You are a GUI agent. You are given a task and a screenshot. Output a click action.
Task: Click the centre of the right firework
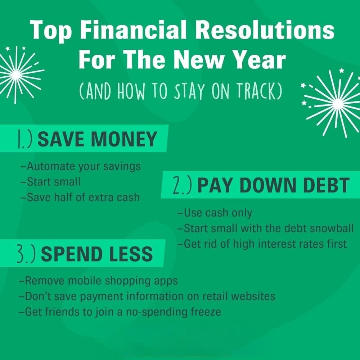337,104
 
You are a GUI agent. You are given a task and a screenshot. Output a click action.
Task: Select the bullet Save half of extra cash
80,197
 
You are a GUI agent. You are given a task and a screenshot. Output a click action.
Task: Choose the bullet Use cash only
215,213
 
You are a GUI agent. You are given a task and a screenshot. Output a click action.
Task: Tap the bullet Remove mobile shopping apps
99,280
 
